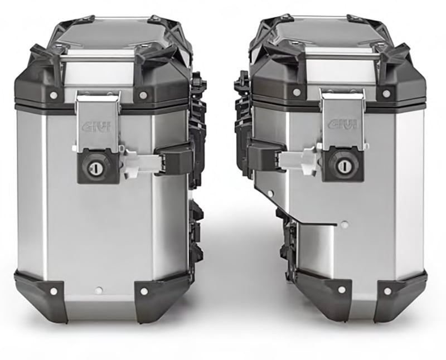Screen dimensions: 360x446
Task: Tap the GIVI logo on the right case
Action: pos(342,124)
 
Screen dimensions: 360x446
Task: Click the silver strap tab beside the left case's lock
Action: pos(139,162)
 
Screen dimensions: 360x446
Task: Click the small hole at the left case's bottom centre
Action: pos(98,290)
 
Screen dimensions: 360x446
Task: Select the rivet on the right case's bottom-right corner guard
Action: pos(386,291)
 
